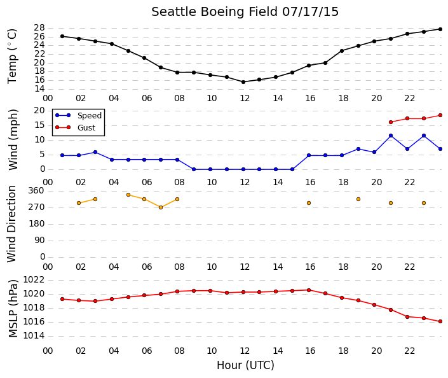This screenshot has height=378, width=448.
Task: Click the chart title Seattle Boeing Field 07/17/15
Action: tap(245, 12)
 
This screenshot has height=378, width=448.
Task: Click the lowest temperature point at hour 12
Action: tap(243, 82)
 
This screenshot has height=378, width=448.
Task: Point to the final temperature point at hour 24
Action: tap(440, 29)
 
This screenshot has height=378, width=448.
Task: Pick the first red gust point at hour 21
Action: tap(391, 122)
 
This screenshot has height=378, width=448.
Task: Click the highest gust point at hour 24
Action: tap(440, 115)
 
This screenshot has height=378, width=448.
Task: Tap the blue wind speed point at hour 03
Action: tap(95, 152)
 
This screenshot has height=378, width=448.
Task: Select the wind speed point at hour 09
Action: tap(194, 169)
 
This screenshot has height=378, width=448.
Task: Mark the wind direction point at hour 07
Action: tap(161, 207)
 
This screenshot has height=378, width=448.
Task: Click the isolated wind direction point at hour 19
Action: tap(358, 199)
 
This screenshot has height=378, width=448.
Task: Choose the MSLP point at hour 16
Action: tap(309, 290)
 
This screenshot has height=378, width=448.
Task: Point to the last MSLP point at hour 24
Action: tap(440, 321)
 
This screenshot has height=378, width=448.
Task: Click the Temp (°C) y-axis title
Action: tap(12, 56)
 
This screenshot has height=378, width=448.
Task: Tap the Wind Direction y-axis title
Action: tap(11, 224)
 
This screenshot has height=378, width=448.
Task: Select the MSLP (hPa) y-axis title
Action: tap(13, 309)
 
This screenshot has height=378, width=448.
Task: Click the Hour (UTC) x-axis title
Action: tap(245, 365)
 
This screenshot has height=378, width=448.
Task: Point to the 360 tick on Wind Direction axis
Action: tap(36, 191)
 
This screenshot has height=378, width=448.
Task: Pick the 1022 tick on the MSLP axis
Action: tap(34, 279)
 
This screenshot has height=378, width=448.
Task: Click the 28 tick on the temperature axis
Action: tap(39, 28)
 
